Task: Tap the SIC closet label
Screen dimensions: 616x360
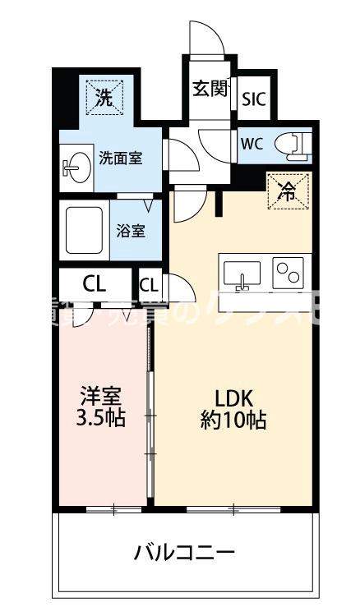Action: tap(253, 99)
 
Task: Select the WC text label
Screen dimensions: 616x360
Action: tap(252, 142)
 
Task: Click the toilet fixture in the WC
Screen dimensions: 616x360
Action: tap(293, 142)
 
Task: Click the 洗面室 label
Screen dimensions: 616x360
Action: tap(120, 158)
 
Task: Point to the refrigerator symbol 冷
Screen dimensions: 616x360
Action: tap(288, 192)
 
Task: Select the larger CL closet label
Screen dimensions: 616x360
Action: tap(95, 285)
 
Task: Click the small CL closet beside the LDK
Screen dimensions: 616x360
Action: tap(149, 286)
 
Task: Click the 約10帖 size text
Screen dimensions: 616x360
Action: tap(233, 421)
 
